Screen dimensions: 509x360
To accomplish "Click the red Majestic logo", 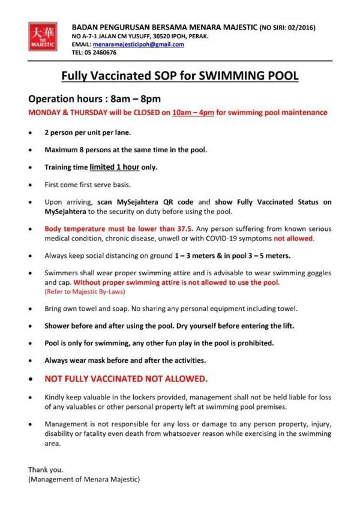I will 41,37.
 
